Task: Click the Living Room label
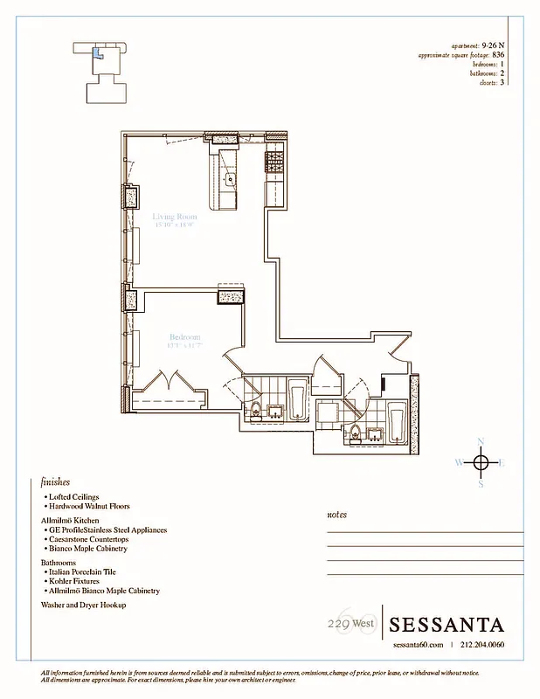tap(175, 216)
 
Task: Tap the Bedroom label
tap(184, 337)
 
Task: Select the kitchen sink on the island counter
tap(230, 181)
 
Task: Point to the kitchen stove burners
tap(275, 160)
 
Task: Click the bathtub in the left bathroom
tap(296, 399)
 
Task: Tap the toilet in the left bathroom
tap(254, 411)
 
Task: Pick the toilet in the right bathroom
tap(356, 431)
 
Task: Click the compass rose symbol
tap(481, 461)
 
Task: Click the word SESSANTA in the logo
tap(447, 625)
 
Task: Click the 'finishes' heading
tap(55, 481)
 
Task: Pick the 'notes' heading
tap(336, 515)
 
